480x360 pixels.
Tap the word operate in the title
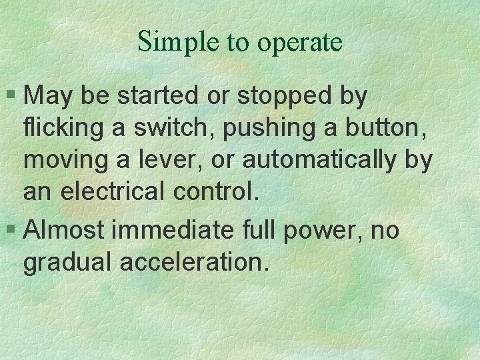tap(300, 44)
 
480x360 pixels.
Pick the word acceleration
tap(195, 262)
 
